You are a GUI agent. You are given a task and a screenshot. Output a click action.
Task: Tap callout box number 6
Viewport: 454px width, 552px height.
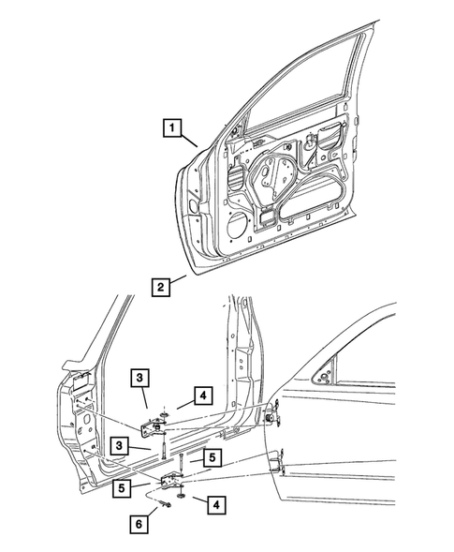pyautogui.click(x=140, y=525)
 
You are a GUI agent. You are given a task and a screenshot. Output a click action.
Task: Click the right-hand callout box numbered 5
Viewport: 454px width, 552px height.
pyautogui.click(x=213, y=458)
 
